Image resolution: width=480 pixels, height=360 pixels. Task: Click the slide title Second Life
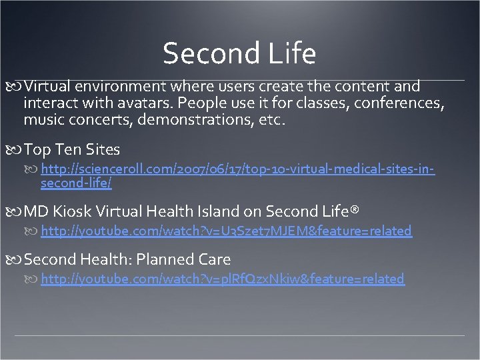tap(239, 54)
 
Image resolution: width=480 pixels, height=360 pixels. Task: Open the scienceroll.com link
tap(237, 170)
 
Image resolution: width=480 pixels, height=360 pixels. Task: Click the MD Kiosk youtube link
tap(226, 231)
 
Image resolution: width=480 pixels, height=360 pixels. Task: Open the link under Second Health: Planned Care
tap(222, 279)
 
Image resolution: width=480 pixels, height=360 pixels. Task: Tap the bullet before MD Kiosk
tap(17, 212)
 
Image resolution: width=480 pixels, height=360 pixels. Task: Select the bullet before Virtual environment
tap(17, 87)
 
